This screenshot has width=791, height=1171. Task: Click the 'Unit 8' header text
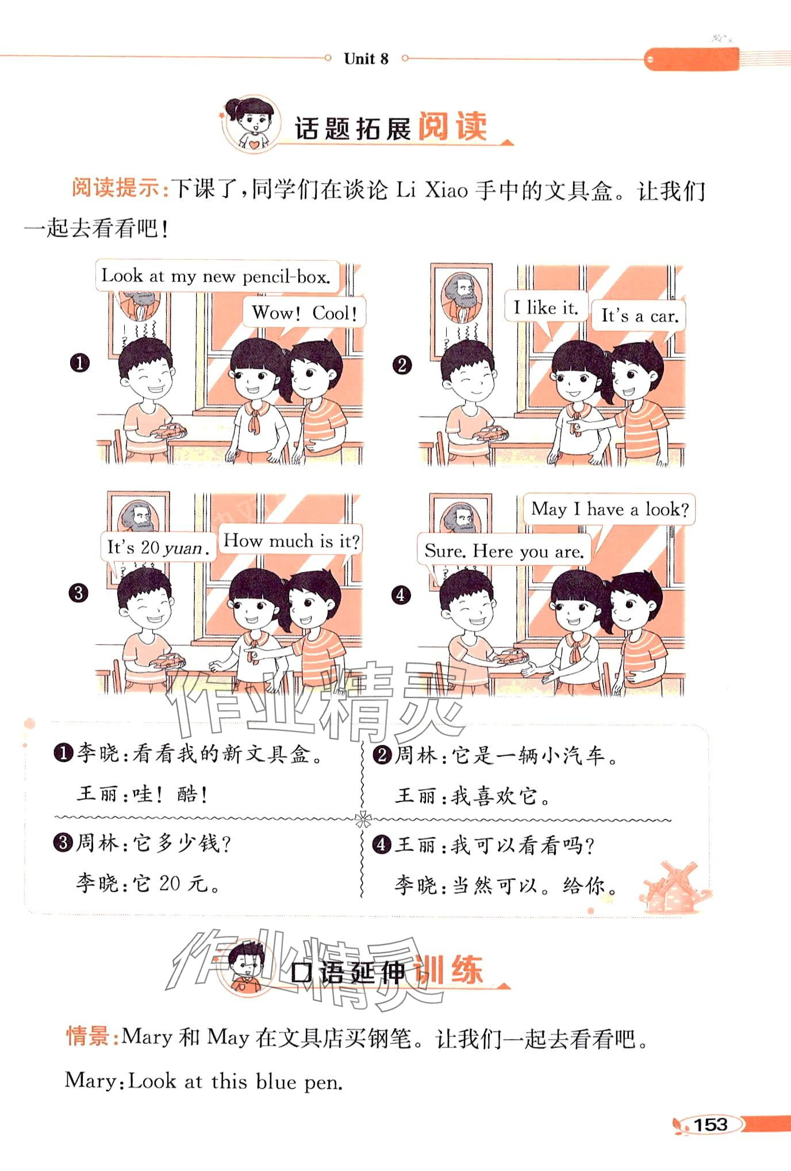pos(366,59)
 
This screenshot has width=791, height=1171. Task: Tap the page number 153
pos(711,1124)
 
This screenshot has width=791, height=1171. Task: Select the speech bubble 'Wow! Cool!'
pos(304,313)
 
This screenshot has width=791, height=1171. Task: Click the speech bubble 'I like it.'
pos(546,307)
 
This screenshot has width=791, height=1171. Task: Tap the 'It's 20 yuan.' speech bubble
pos(158,547)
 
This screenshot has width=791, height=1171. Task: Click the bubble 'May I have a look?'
pos(609,509)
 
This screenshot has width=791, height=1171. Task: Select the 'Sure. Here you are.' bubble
pos(504,551)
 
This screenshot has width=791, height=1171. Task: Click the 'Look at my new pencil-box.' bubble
pos(217,276)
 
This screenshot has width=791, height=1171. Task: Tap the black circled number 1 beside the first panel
pos(80,363)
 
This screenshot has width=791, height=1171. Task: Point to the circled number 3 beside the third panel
pos(79,592)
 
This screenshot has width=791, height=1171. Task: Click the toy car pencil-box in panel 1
pos(169,432)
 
